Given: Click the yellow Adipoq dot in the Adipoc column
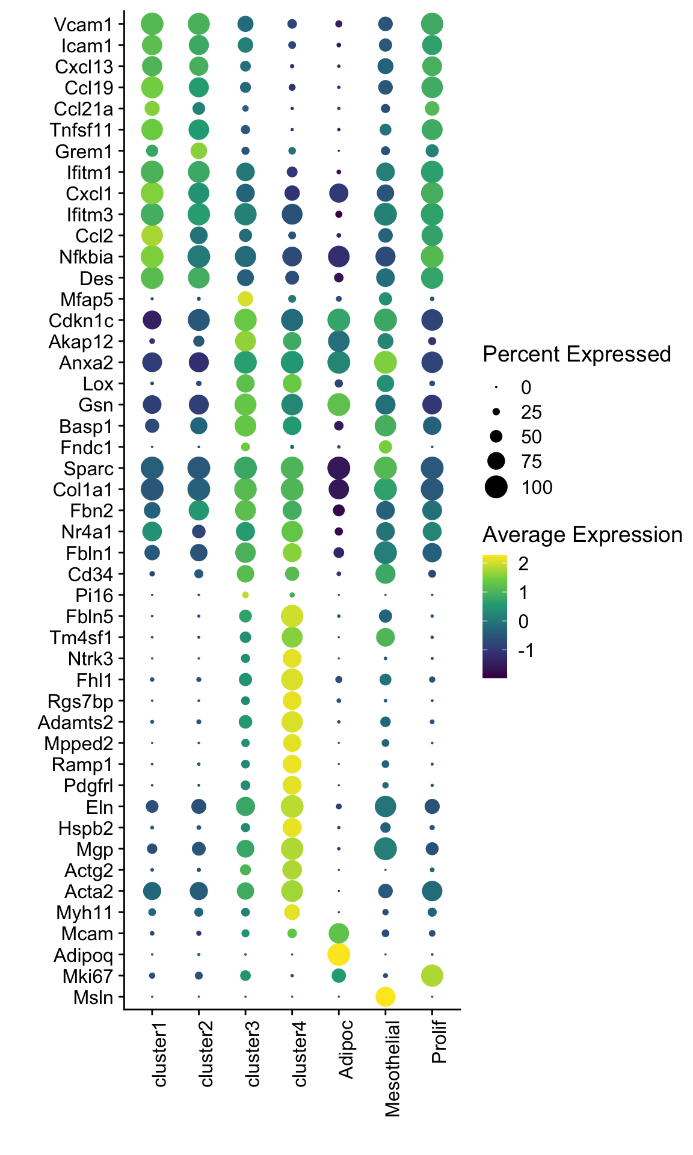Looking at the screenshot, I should (x=339, y=954).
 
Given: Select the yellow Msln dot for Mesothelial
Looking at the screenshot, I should (x=385, y=997).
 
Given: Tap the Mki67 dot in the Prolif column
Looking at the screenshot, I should (x=432, y=975).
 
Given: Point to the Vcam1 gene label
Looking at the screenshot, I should (x=83, y=25).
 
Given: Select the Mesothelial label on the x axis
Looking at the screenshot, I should (x=392, y=1068).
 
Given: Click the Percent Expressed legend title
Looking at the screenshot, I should (x=576, y=354).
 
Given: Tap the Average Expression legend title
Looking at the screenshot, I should (x=582, y=535).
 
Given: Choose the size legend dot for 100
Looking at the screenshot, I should (x=496, y=487).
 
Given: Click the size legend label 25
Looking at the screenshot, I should (x=532, y=413).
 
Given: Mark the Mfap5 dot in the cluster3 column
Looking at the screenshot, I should (x=245, y=298).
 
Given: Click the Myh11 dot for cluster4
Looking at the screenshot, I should (x=292, y=912).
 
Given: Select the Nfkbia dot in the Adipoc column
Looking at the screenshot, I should (x=339, y=257).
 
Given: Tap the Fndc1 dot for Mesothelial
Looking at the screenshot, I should (x=385, y=447).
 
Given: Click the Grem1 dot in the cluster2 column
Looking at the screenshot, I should (x=199, y=150).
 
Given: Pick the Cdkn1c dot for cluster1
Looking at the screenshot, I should (x=152, y=320).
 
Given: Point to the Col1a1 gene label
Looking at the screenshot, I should (x=87, y=490).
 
